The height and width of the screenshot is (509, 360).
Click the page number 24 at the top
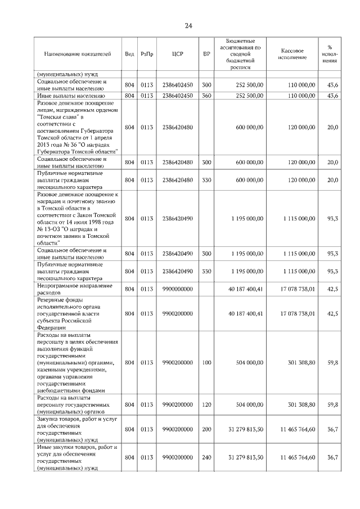pos(188,26)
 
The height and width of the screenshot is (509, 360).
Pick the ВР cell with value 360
pos(206,96)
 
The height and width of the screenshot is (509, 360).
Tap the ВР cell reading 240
pos(206,457)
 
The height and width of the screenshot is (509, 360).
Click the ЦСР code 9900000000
pos(177,289)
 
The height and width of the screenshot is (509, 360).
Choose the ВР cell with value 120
pos(206,404)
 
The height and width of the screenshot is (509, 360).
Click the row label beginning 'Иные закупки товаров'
pos(76,457)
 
